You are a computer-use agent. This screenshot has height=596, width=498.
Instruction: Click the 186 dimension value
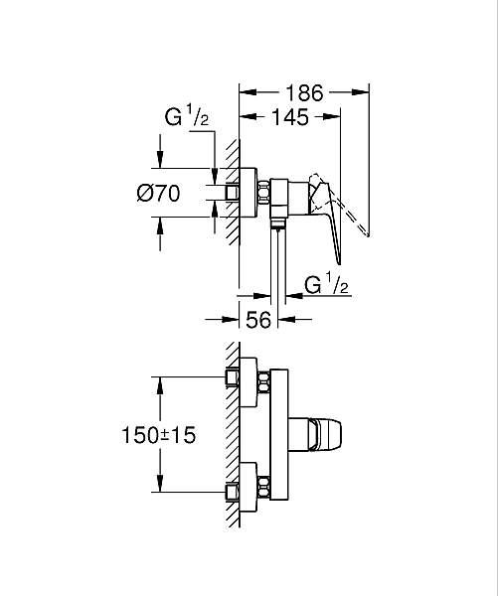pyautogui.click(x=304, y=93)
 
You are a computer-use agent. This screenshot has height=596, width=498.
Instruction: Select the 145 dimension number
pyautogui.click(x=289, y=116)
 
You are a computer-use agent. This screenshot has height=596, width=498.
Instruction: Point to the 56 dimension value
pyautogui.click(x=258, y=320)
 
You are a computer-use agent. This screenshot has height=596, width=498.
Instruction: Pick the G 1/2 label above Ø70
pyautogui.click(x=187, y=117)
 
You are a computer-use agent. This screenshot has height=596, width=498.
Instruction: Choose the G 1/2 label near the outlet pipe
pyautogui.click(x=326, y=286)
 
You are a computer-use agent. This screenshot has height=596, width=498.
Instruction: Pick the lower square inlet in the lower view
pyautogui.click(x=233, y=489)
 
